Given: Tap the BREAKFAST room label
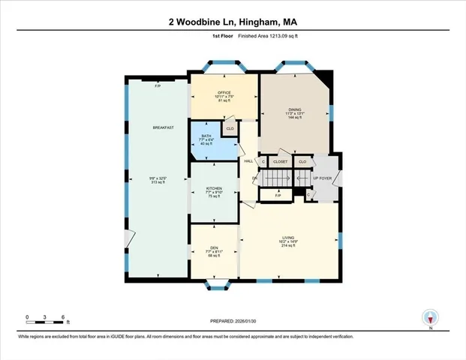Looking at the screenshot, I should (164, 127).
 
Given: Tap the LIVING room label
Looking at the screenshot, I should (289, 240).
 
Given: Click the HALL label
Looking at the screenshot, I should (248, 160).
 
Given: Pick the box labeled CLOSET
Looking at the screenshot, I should (281, 161).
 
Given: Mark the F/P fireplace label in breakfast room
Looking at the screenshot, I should (158, 86).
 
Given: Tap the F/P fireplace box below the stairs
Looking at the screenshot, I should (278, 196).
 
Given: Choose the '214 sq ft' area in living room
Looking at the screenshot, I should (289, 245).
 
